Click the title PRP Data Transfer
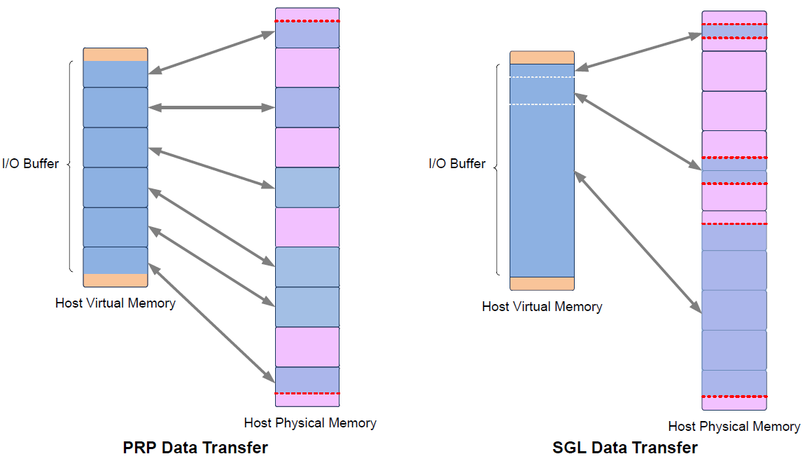(x=195, y=447)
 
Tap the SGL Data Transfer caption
(x=625, y=447)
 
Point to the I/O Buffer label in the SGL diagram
(x=457, y=164)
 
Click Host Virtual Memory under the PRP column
(x=115, y=303)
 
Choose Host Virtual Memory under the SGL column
(x=542, y=307)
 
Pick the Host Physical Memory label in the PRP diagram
(x=310, y=422)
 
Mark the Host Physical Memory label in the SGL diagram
(x=734, y=426)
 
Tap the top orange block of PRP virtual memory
(x=115, y=55)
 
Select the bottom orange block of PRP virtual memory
(x=115, y=280)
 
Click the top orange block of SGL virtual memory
(x=542, y=57)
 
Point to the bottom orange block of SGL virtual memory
(x=542, y=283)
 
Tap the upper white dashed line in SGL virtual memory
(x=542, y=77)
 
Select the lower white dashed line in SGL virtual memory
(x=542, y=104)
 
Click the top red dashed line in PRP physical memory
(x=307, y=21)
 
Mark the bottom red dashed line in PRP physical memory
(x=307, y=394)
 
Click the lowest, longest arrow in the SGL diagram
(x=638, y=242)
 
